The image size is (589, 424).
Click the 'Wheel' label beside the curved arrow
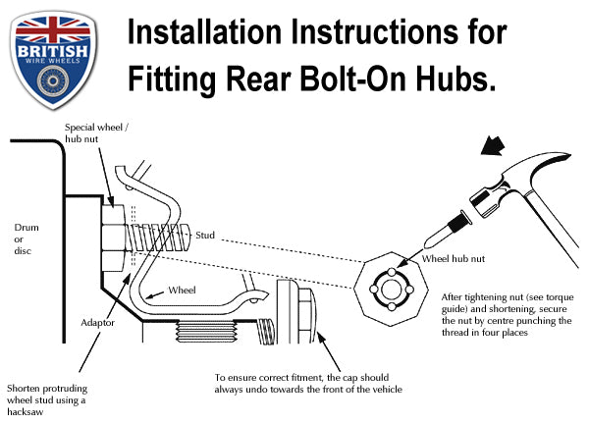(182, 291)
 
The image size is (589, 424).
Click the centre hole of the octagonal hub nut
(392, 290)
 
